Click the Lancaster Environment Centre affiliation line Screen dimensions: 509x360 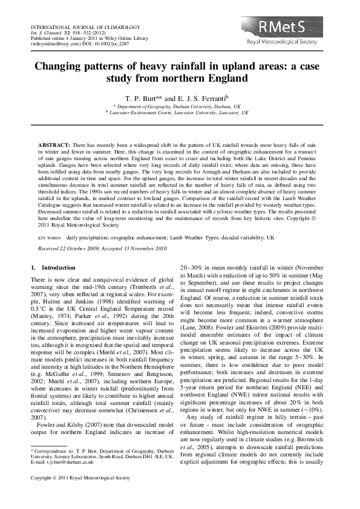click(180, 113)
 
